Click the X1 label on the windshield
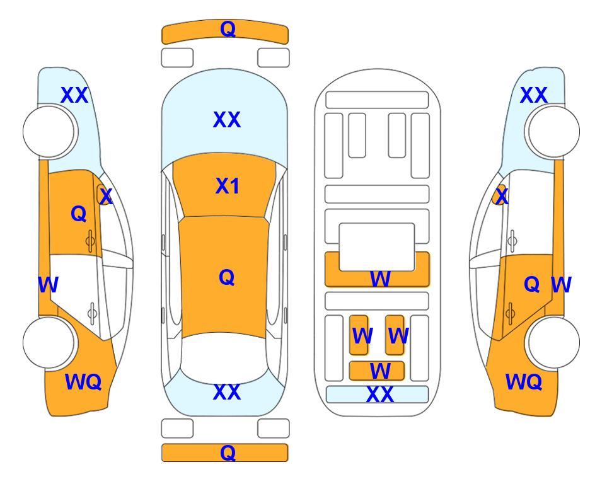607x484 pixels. pos(228,186)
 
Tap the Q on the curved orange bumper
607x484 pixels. pos(228,28)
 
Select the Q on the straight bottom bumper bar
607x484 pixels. pos(228,452)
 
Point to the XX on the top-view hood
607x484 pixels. pos(227,120)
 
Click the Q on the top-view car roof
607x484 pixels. pos(226,277)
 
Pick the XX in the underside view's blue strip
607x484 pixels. pos(379,395)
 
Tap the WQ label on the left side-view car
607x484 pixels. pos(83,382)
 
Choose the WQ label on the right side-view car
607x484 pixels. pos(523,382)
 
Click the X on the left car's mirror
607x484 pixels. pos(106,197)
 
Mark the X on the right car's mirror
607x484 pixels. pos(502,197)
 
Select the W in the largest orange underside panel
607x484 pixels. pos(380,279)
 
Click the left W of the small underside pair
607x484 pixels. pos(362,336)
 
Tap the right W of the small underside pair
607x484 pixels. pos(398,336)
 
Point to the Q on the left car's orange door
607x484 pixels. pos(79,214)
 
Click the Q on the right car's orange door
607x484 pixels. pos(531,284)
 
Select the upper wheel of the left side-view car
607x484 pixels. pos(49,132)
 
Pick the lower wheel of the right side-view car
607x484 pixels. pos(553,342)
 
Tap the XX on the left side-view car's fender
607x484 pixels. pos(74,95)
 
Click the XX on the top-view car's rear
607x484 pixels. pos(227,392)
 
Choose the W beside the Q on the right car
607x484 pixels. pos(561,285)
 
